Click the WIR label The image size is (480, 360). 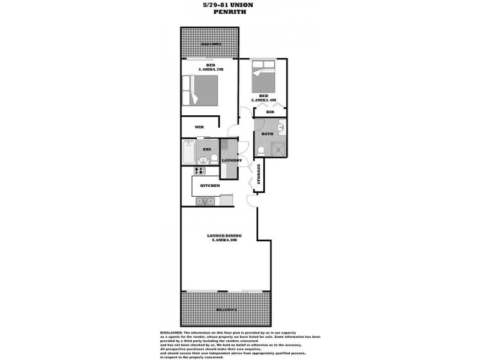coord(199,127)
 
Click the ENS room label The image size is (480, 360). coord(207,148)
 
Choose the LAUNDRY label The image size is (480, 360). coord(231,160)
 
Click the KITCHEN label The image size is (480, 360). coord(210,185)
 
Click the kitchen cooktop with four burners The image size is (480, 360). coord(199,171)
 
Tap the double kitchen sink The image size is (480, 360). coord(207,201)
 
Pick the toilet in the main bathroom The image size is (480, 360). coord(260,150)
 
